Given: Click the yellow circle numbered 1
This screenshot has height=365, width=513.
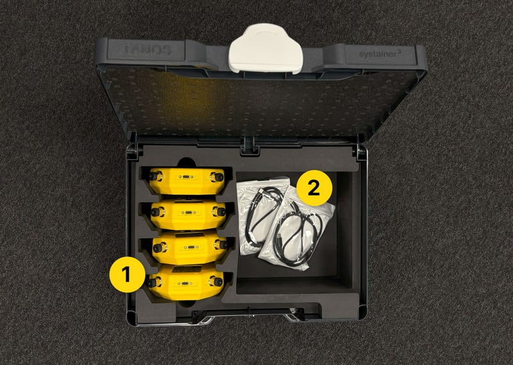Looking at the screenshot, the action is (127, 274).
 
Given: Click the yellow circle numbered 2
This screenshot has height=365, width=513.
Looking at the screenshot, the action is (314, 188).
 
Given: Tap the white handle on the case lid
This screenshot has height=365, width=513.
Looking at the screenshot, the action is (265, 48).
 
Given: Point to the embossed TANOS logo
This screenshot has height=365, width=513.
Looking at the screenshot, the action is (147, 50).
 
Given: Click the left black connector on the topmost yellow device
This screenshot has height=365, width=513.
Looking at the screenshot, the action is (154, 177).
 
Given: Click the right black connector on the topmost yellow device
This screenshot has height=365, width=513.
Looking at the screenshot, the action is (219, 177).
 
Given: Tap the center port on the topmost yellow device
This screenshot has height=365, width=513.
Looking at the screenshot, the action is (186, 177).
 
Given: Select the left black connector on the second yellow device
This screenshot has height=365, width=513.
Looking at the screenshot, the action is (156, 212).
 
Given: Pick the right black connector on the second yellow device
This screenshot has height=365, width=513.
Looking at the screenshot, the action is (221, 212).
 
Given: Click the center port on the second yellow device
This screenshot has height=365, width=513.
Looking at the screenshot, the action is (188, 213).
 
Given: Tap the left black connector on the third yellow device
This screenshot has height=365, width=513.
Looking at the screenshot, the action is (158, 248).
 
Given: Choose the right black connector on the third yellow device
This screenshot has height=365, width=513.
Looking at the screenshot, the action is (223, 245).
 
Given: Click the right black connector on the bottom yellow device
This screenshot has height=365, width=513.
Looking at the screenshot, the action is (217, 281).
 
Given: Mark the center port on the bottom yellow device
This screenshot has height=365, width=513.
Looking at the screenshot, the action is (185, 283).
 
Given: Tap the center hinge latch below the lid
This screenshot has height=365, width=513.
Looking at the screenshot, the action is (249, 147).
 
